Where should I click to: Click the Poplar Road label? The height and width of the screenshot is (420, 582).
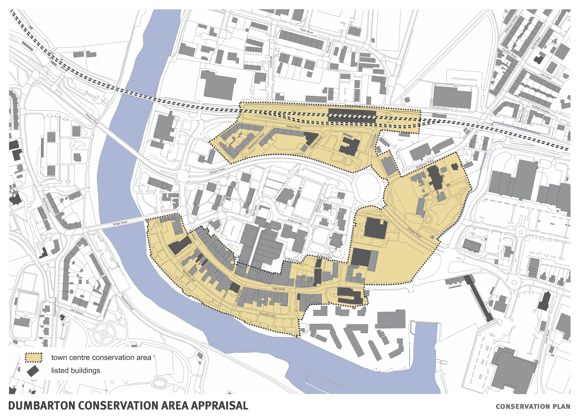[x=306, y=31]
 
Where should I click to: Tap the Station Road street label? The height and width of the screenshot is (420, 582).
[x=293, y=127]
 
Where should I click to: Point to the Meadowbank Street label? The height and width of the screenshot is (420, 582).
[x=256, y=142]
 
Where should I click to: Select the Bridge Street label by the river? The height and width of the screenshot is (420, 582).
[x=120, y=223]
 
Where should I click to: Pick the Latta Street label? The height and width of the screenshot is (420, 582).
[x=546, y=76]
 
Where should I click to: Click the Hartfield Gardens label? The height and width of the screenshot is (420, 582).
[x=541, y=109]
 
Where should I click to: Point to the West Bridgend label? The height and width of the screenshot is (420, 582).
[x=47, y=205]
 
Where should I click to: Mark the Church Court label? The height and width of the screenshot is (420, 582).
[x=318, y=206]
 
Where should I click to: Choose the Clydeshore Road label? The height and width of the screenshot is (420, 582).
[x=55, y=307]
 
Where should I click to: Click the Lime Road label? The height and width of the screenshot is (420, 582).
[x=271, y=62]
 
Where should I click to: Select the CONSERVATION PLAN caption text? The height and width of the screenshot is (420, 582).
[x=533, y=407]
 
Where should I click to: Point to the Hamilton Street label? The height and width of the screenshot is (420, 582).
[x=509, y=53]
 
